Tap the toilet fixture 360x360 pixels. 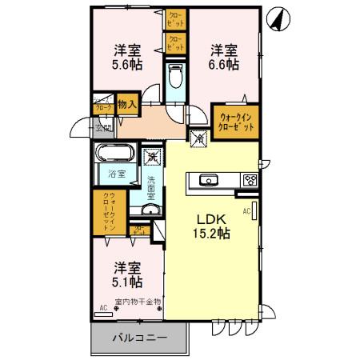pos(176,78)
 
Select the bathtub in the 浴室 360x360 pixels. pos(117,154)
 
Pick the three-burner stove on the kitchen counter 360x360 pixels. pos(250,180)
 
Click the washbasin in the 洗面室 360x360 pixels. pos(149,210)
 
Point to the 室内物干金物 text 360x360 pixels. pos(138,302)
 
